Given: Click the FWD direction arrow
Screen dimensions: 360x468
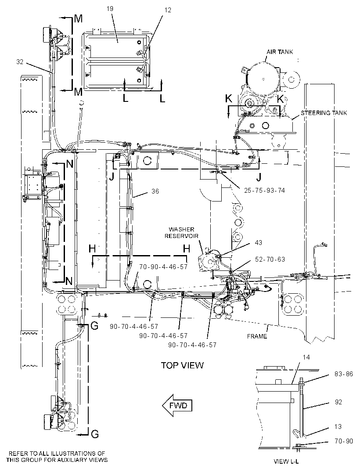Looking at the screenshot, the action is click(x=177, y=405).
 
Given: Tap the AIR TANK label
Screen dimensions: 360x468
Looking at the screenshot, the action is click(x=280, y=52).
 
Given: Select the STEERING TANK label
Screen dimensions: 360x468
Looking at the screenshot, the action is click(x=324, y=113).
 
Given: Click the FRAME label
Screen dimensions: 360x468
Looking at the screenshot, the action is click(x=257, y=336).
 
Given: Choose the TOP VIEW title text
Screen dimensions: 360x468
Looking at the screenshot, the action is click(x=182, y=365).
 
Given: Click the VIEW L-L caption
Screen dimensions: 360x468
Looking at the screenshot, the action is click(x=286, y=461).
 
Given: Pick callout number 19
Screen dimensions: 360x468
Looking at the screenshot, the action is click(x=110, y=9).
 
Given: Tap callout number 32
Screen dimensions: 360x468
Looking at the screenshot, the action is click(x=20, y=62).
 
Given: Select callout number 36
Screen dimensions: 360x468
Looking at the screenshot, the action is click(x=155, y=191).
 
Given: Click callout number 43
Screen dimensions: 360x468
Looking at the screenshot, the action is click(x=259, y=243).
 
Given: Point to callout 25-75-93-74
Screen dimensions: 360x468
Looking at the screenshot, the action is click(x=264, y=190).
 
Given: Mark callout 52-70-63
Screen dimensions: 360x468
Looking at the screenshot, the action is click(x=270, y=259).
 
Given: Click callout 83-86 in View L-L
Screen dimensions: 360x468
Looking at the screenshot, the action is click(x=344, y=374).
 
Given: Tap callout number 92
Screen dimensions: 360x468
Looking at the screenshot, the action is click(x=338, y=402).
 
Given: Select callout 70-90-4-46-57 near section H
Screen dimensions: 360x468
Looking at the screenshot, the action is click(x=163, y=266).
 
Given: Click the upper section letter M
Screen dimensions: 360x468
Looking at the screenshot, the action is click(x=78, y=19).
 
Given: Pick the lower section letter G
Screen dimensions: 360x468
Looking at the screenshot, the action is click(x=95, y=434).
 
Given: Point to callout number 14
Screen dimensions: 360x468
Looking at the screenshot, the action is click(x=306, y=357).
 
